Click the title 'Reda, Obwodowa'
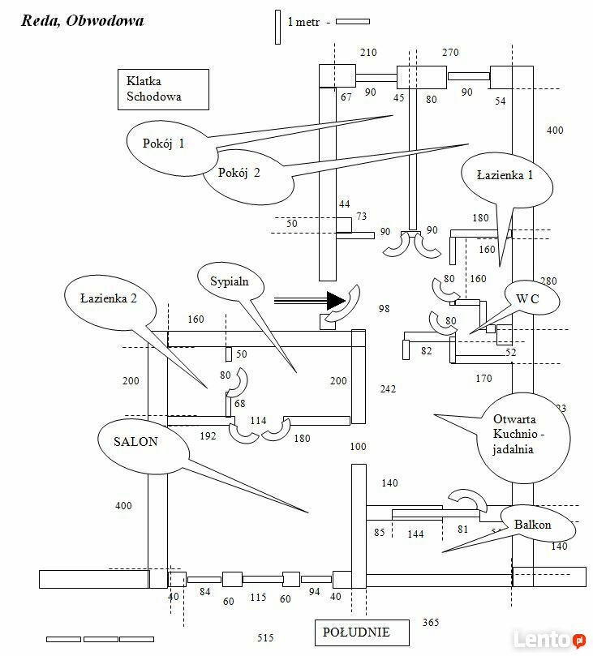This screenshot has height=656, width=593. click(x=83, y=21)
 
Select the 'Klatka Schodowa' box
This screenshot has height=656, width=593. click(x=161, y=89)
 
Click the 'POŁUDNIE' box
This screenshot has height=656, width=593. click(x=356, y=632)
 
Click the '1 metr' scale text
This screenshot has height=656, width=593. click(x=305, y=22)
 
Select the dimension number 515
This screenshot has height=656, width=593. click(x=265, y=638)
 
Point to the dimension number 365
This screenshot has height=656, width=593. click(x=431, y=623)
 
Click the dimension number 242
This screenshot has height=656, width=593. click(x=388, y=389)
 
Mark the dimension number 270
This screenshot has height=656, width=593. click(x=450, y=54)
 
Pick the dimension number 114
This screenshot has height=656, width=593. click(x=258, y=420)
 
